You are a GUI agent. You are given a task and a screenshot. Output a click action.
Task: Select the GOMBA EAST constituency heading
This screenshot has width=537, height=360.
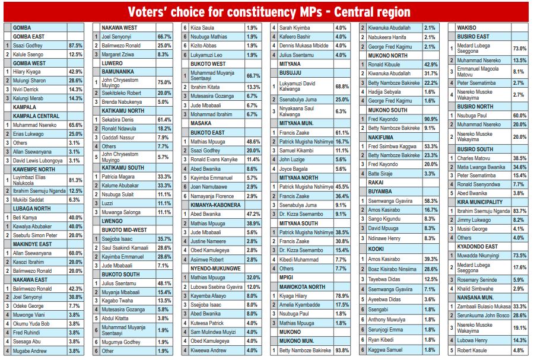(28, 37)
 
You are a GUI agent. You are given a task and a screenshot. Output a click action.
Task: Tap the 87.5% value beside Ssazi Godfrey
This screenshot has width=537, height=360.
(75, 46)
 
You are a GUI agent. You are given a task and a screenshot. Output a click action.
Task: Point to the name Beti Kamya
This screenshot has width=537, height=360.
(25, 218)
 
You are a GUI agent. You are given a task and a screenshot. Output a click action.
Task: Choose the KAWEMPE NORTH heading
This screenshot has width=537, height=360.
(34, 170)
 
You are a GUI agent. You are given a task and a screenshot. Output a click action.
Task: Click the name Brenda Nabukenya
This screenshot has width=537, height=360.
(122, 102)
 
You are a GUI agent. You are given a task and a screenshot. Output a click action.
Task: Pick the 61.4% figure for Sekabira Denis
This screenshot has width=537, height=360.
(164, 120)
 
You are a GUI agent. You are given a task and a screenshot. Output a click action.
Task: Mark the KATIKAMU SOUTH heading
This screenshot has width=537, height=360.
(123, 168)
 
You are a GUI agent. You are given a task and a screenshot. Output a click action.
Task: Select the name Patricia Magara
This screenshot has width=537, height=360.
(118, 177)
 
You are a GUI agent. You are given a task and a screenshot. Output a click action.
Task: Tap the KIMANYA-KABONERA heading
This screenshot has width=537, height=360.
(215, 205)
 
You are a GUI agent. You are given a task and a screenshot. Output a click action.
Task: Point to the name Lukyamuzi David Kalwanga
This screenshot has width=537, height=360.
(297, 86)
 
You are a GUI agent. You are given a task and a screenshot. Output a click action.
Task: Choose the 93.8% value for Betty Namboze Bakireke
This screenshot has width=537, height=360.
(342, 351)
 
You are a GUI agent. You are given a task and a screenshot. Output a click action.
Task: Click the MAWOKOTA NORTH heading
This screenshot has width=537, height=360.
(302, 287)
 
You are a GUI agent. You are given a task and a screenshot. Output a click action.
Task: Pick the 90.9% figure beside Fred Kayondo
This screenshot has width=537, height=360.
(431, 119)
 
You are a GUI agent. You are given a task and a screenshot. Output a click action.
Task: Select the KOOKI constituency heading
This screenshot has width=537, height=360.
(376, 249)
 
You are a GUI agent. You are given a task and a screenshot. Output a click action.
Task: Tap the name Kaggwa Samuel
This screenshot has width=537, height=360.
(385, 350)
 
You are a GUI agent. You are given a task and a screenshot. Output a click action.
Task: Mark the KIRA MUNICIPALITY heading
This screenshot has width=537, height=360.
(480, 202)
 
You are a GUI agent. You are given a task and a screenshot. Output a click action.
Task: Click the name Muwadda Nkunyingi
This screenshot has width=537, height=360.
(478, 256)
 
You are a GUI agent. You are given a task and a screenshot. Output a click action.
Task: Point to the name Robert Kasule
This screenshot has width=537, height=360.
(472, 351)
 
